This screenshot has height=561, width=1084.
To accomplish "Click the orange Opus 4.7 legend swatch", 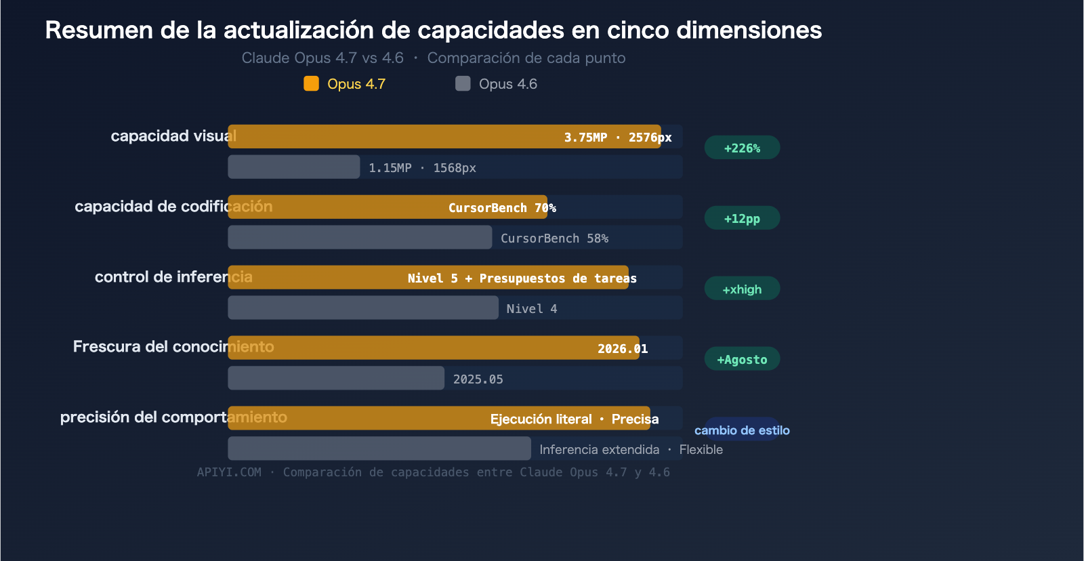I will pyautogui.click(x=311, y=83).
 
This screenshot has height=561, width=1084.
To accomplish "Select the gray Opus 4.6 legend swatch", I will pyautogui.click(x=463, y=83).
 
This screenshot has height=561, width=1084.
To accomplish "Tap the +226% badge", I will pyautogui.click(x=742, y=148).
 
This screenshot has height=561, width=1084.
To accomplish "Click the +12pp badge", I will pyautogui.click(x=742, y=218).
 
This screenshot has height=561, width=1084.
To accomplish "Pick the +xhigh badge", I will pyautogui.click(x=742, y=289).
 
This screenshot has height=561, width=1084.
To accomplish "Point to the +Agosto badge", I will pyautogui.click(x=742, y=359).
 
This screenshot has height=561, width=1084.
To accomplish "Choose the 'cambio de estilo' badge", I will pyautogui.click(x=742, y=430).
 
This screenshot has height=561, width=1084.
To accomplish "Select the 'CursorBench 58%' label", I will pyautogui.click(x=554, y=238).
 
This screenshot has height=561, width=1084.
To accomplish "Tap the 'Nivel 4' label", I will pyautogui.click(x=532, y=308).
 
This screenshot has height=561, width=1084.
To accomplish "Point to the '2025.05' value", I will pyautogui.click(x=478, y=379).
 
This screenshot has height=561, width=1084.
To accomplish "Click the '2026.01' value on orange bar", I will pyautogui.click(x=622, y=348).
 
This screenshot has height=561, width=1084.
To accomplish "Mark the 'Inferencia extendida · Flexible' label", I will pyautogui.click(x=631, y=449).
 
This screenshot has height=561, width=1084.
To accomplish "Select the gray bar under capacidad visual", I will pyautogui.click(x=293, y=167).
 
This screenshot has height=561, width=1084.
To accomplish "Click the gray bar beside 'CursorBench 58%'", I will pyautogui.click(x=360, y=237).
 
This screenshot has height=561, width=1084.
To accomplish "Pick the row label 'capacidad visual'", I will pyautogui.click(x=173, y=136).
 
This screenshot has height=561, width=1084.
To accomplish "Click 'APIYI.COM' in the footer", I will pyautogui.click(x=229, y=472).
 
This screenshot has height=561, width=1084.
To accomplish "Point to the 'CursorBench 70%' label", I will pyautogui.click(x=502, y=207).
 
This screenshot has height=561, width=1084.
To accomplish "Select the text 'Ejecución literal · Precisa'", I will pyautogui.click(x=574, y=419).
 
